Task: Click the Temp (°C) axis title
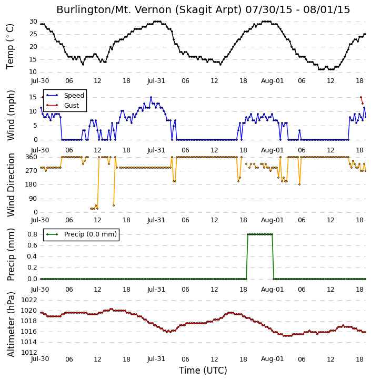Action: point(10,46)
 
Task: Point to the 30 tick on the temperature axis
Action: point(33,22)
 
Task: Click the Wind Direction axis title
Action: point(11,185)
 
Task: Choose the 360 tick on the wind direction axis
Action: point(32,157)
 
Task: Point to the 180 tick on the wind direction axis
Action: point(32,184)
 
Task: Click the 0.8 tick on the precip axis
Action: point(32,234)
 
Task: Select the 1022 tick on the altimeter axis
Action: point(29,300)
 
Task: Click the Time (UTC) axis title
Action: point(203,370)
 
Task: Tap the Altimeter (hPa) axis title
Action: point(11,324)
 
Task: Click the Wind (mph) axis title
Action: point(11,116)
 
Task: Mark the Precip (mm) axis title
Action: point(11,254)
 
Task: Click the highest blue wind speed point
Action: point(151,97)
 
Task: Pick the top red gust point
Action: point(361,97)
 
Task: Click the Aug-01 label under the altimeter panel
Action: point(272,359)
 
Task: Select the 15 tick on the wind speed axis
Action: point(33,97)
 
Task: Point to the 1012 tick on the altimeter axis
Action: point(29,353)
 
